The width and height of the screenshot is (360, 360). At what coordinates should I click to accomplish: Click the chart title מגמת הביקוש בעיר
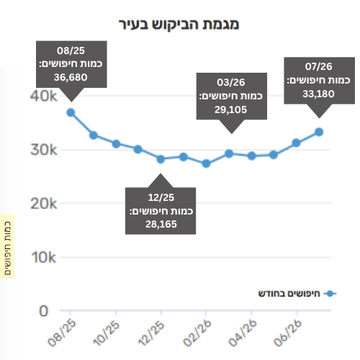tap(179, 24)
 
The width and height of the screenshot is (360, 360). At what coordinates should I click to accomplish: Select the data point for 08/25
tap(71, 112)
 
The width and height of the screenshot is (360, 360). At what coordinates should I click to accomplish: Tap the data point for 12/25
tap(161, 159)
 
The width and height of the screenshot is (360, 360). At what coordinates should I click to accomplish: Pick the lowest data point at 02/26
tap(206, 163)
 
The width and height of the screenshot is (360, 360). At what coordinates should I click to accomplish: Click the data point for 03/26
tap(229, 153)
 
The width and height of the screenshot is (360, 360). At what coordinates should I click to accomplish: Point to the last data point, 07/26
tap(319, 132)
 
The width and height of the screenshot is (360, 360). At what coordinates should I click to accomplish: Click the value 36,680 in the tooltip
tap(71, 78)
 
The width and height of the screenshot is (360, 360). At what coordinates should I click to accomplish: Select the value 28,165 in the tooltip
tap(161, 225)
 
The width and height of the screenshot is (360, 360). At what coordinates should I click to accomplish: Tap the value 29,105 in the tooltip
tap(230, 110)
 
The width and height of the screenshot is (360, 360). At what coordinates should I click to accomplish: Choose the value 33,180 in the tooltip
tap(318, 94)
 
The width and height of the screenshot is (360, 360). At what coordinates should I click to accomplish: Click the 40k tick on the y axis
tap(44, 96)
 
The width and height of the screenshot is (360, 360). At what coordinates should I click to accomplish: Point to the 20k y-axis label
tap(44, 204)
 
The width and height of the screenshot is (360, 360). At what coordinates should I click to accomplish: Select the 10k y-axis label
tap(44, 258)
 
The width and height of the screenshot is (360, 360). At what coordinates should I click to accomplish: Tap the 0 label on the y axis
tap(44, 311)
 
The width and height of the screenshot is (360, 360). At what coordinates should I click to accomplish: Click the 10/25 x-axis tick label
tap(107, 333)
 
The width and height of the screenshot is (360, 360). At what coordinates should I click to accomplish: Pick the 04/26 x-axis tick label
tap(243, 333)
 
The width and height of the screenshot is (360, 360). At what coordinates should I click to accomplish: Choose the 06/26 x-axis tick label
tap(287, 333)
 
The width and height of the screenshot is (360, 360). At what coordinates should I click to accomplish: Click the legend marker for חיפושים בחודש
tap(330, 294)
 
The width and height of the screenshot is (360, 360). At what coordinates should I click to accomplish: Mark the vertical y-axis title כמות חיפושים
tap(7, 248)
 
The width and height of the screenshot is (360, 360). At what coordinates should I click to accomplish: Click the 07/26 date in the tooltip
tap(319, 66)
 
